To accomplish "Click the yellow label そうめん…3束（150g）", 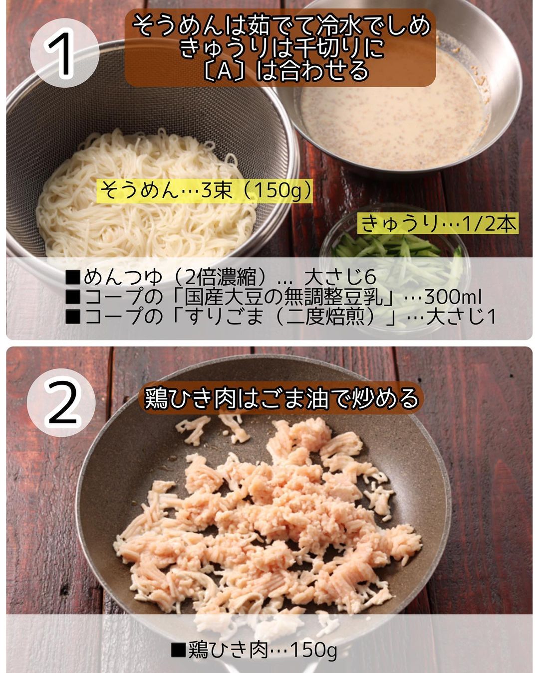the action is point(206,190).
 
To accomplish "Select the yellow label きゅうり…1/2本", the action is point(438,223).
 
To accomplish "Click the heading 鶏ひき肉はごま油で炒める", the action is point(281,398).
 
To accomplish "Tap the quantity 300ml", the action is point(453,298).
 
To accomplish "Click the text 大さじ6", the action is point(340,277).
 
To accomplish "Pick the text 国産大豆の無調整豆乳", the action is point(284,297).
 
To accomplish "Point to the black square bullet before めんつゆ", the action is point(73,278).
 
